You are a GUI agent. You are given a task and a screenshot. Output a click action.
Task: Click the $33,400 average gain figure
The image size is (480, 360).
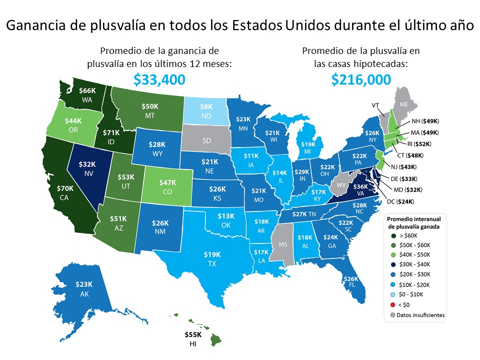coord(159,79)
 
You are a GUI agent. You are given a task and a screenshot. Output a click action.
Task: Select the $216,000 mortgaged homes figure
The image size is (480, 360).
coord(360,79)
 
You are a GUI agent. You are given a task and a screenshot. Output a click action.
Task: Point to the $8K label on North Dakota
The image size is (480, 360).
coord(206,106)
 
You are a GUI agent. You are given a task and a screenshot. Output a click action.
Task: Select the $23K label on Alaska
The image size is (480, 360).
coord(83,284)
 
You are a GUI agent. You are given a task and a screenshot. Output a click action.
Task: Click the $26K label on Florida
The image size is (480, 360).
coord(351,278)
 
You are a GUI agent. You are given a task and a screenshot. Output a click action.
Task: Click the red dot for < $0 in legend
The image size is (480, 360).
coord(393,305)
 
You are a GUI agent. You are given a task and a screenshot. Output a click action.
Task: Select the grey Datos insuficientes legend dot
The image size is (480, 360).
coord(393,315)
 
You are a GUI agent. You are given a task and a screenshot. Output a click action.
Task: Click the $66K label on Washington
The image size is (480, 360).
coord(88,90)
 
